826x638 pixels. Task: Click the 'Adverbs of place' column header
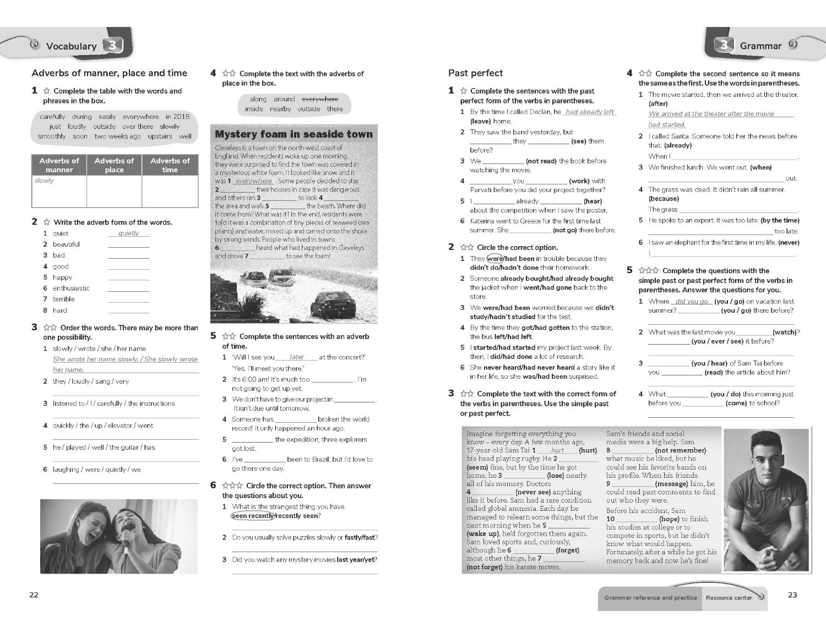point(114,165)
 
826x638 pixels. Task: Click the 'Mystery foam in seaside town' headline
point(294,134)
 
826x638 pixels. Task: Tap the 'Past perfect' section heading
point(475,73)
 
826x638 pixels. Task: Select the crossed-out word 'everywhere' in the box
point(320,99)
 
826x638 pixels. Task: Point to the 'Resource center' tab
point(729,598)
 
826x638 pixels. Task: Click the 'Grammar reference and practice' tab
point(650,598)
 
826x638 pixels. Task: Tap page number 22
point(34,595)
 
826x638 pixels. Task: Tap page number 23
point(792,595)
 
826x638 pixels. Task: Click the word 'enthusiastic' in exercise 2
point(71,288)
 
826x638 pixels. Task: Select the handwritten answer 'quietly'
point(128,233)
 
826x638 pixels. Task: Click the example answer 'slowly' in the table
point(44,181)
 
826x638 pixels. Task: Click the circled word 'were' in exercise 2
point(494,258)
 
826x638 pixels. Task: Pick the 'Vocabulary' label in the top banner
point(71,46)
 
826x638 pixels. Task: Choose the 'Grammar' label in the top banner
point(760,46)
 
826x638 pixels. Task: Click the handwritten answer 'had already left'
point(589,112)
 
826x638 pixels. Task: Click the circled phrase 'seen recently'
point(253,516)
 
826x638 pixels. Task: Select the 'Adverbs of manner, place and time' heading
point(110,73)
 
